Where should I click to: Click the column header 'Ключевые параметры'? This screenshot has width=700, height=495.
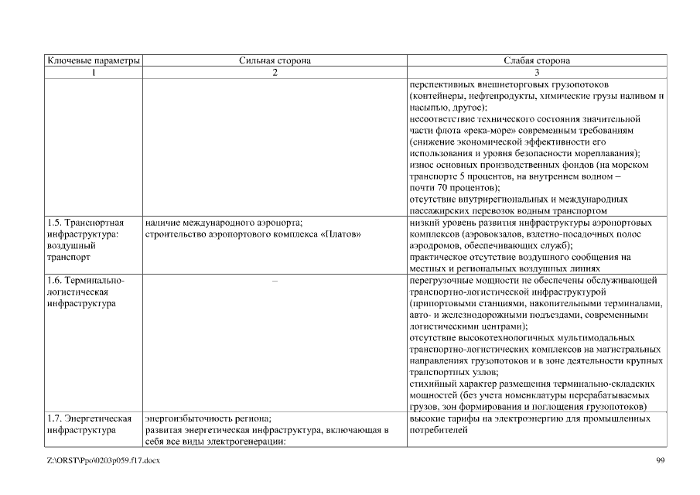(x=94, y=60)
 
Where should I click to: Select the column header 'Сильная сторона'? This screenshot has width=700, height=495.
(x=275, y=60)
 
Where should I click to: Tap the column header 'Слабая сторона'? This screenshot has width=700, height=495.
(x=536, y=60)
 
